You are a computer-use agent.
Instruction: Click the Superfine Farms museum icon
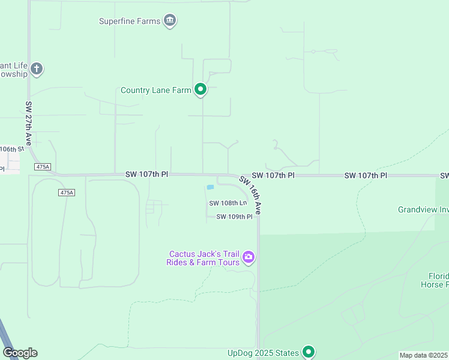coord(170,22)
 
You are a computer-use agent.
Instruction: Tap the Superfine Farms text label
coord(130,22)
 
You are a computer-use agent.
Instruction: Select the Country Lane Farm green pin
coord(200,90)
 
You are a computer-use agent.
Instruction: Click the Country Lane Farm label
coord(155,91)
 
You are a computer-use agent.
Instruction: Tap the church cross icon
coord(37,69)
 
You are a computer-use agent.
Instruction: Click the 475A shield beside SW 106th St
coord(43,166)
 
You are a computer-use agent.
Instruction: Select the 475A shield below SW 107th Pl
coord(67,192)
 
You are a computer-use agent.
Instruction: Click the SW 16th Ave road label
coord(251,195)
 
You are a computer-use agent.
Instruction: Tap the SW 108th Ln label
coord(228,203)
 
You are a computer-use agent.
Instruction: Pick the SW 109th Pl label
coord(234,217)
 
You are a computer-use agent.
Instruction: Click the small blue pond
coord(210,187)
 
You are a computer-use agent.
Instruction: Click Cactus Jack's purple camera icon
coord(249,258)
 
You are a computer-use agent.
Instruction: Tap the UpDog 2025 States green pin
coord(309,352)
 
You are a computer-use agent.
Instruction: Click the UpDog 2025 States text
coord(263,353)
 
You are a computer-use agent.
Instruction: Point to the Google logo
coord(20,353)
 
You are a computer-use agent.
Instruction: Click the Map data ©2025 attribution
coord(424,355)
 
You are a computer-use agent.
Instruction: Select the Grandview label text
coord(423,209)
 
